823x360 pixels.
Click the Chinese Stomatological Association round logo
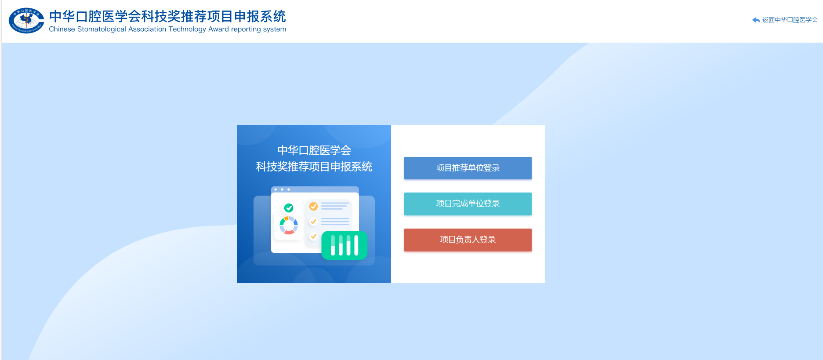[26, 21]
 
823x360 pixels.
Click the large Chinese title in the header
[167, 16]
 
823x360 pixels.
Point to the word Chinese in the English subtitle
[62, 29]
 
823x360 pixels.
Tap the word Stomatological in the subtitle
[102, 29]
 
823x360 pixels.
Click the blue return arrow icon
[756, 20]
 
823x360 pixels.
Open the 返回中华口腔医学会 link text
[790, 20]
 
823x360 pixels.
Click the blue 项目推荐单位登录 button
[468, 168]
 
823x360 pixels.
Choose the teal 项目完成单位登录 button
[468, 204]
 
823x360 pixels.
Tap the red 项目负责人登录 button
[468, 240]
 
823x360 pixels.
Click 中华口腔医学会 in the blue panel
[314, 150]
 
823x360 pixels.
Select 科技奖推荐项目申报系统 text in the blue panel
[314, 167]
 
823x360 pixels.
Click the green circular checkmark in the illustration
[289, 208]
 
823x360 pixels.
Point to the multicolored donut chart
[289, 225]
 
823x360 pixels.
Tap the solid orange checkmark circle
[313, 206]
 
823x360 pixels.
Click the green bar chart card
[344, 245]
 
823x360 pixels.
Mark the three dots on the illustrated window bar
[282, 189]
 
